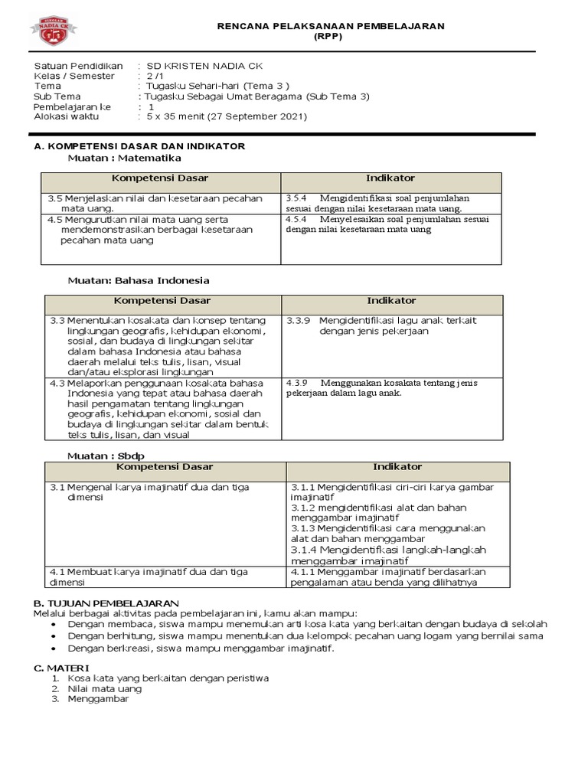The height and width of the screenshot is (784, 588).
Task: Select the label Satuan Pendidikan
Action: point(79,66)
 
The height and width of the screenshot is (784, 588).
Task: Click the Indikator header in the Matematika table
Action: point(390,178)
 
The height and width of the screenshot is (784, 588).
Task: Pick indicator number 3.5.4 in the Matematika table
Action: point(296,198)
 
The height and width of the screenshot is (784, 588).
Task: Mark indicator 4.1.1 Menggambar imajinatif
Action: point(306,571)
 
